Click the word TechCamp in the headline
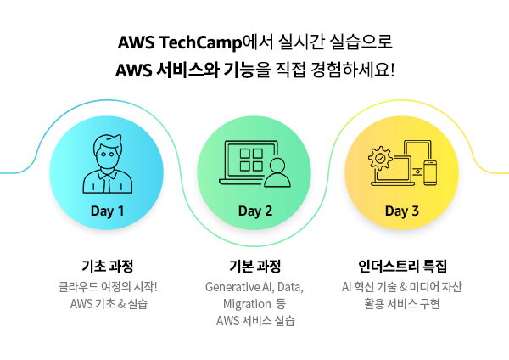201,42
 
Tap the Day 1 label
107,211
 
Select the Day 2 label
255,211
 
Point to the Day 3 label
402,211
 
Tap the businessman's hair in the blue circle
108,143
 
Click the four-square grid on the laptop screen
251,160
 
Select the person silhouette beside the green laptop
277,172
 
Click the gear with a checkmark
380,158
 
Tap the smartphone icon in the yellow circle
430,172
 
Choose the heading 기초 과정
108,266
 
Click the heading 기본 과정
255,266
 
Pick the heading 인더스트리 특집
402,266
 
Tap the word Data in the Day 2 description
290,287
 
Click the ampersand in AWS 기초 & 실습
121,304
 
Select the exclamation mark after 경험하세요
393,70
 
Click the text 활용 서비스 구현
402,304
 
